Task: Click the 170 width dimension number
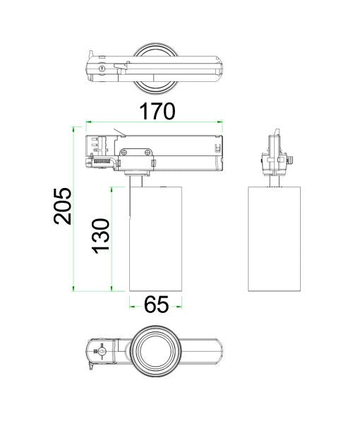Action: point(156,111)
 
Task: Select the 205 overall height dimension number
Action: point(64,206)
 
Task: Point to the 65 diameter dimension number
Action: point(156,305)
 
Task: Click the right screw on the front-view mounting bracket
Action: point(147,151)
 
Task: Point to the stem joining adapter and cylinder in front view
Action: point(137,181)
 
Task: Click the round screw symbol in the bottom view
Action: point(102,351)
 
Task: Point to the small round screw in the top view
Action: point(105,69)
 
